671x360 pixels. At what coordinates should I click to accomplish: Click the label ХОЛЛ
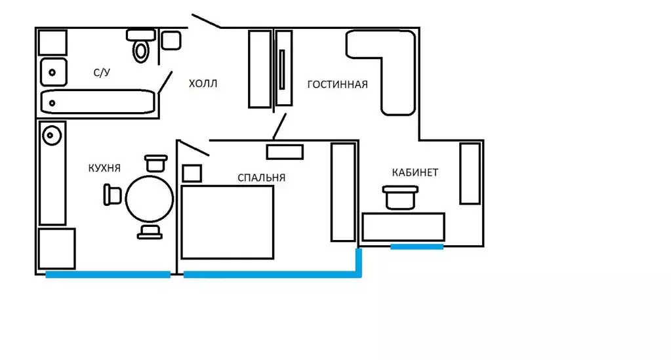tap(203, 83)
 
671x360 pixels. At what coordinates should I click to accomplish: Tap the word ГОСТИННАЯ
tap(338, 85)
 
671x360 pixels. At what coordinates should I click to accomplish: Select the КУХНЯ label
tap(104, 169)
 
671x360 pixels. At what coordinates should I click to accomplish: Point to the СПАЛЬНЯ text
tap(262, 178)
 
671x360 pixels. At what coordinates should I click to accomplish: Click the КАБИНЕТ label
tap(415, 172)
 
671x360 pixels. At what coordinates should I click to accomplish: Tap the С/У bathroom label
tap(102, 72)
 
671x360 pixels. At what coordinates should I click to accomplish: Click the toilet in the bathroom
tap(141, 45)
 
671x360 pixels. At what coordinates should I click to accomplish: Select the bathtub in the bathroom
tap(98, 102)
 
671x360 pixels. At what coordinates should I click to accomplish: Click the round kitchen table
tap(150, 199)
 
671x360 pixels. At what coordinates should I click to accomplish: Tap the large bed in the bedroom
tap(227, 222)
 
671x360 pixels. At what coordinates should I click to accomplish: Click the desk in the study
tap(403, 227)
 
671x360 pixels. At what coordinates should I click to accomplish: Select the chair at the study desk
tap(401, 197)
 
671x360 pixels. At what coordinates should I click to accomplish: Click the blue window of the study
tap(417, 247)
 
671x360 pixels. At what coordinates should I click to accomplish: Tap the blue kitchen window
tap(108, 274)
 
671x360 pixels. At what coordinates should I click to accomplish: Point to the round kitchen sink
tap(52, 135)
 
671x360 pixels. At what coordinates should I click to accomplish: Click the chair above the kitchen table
tap(155, 163)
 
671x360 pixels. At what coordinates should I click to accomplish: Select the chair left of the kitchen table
tap(113, 195)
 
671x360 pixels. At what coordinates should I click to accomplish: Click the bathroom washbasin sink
tap(54, 72)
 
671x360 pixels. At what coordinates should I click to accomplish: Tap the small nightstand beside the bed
tap(192, 173)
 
